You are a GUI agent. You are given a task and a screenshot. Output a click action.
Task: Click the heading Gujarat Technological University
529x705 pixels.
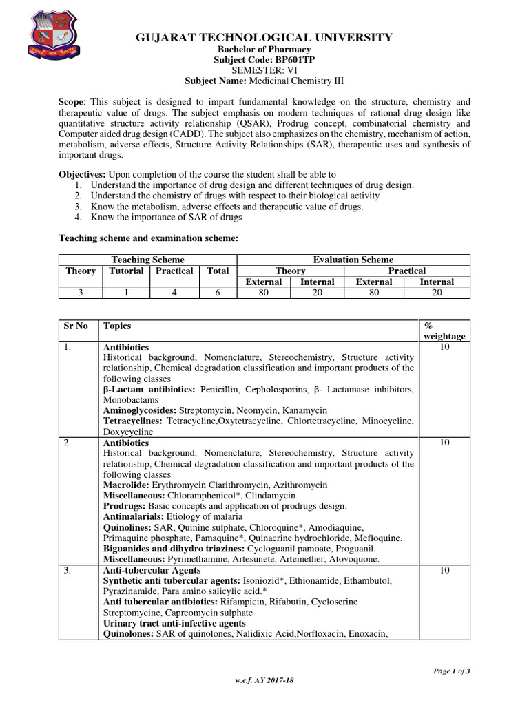pos(264,37)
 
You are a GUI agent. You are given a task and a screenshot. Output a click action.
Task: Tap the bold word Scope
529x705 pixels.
pos(72,101)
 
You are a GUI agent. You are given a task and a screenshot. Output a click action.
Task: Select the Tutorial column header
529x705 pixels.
pos(126,271)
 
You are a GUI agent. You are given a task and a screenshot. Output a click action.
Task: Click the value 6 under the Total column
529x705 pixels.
pos(218,293)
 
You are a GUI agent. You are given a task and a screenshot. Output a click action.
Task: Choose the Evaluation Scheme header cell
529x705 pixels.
pos(353,260)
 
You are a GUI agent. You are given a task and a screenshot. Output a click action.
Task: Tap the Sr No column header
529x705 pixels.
pos(76,326)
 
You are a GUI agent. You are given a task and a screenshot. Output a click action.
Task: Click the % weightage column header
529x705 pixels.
pos(444,331)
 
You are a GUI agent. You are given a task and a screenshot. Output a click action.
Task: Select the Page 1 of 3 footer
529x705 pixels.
pos(452,671)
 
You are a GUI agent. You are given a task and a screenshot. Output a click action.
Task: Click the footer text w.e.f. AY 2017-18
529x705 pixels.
pos(264,681)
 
